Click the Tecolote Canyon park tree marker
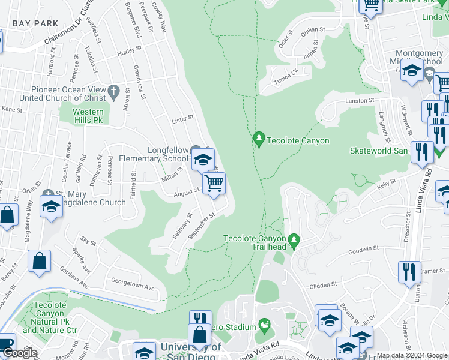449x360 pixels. (x=259, y=140)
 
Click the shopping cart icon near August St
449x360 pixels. (x=214, y=183)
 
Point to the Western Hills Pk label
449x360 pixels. (x=88, y=116)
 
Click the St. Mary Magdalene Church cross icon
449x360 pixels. (x=49, y=194)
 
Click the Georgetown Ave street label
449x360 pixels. (x=133, y=284)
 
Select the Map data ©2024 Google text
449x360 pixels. (x=412, y=355)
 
